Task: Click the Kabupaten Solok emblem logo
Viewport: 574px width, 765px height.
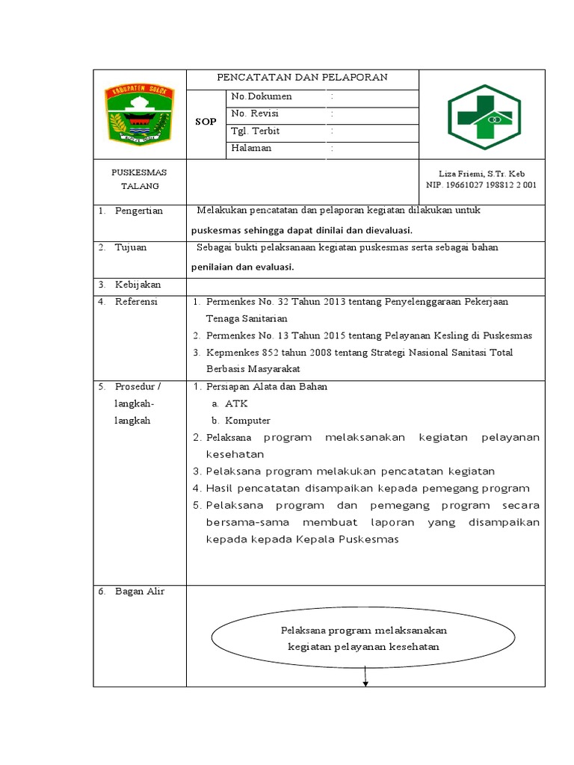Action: click(139, 114)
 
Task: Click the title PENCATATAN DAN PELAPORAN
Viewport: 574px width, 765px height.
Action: click(302, 78)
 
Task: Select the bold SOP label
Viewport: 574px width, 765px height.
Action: click(206, 122)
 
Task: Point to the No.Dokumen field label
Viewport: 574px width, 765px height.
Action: click(262, 97)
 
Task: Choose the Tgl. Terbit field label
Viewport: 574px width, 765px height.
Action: click(256, 131)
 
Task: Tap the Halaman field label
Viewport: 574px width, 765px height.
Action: click(251, 149)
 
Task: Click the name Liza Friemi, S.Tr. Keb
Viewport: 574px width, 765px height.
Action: click(482, 173)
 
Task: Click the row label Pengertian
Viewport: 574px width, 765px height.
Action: click(139, 211)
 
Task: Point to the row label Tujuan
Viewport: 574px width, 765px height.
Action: click(131, 248)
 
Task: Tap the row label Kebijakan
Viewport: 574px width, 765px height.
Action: click(138, 285)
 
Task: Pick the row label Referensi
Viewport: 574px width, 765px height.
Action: click(137, 302)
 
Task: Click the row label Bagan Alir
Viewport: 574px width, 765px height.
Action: click(140, 592)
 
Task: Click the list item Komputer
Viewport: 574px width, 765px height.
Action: click(247, 421)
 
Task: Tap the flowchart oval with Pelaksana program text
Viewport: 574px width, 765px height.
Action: click(363, 638)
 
